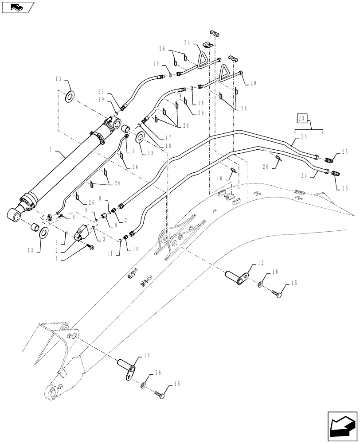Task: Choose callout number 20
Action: [253, 83]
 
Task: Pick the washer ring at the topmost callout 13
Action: [70, 97]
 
